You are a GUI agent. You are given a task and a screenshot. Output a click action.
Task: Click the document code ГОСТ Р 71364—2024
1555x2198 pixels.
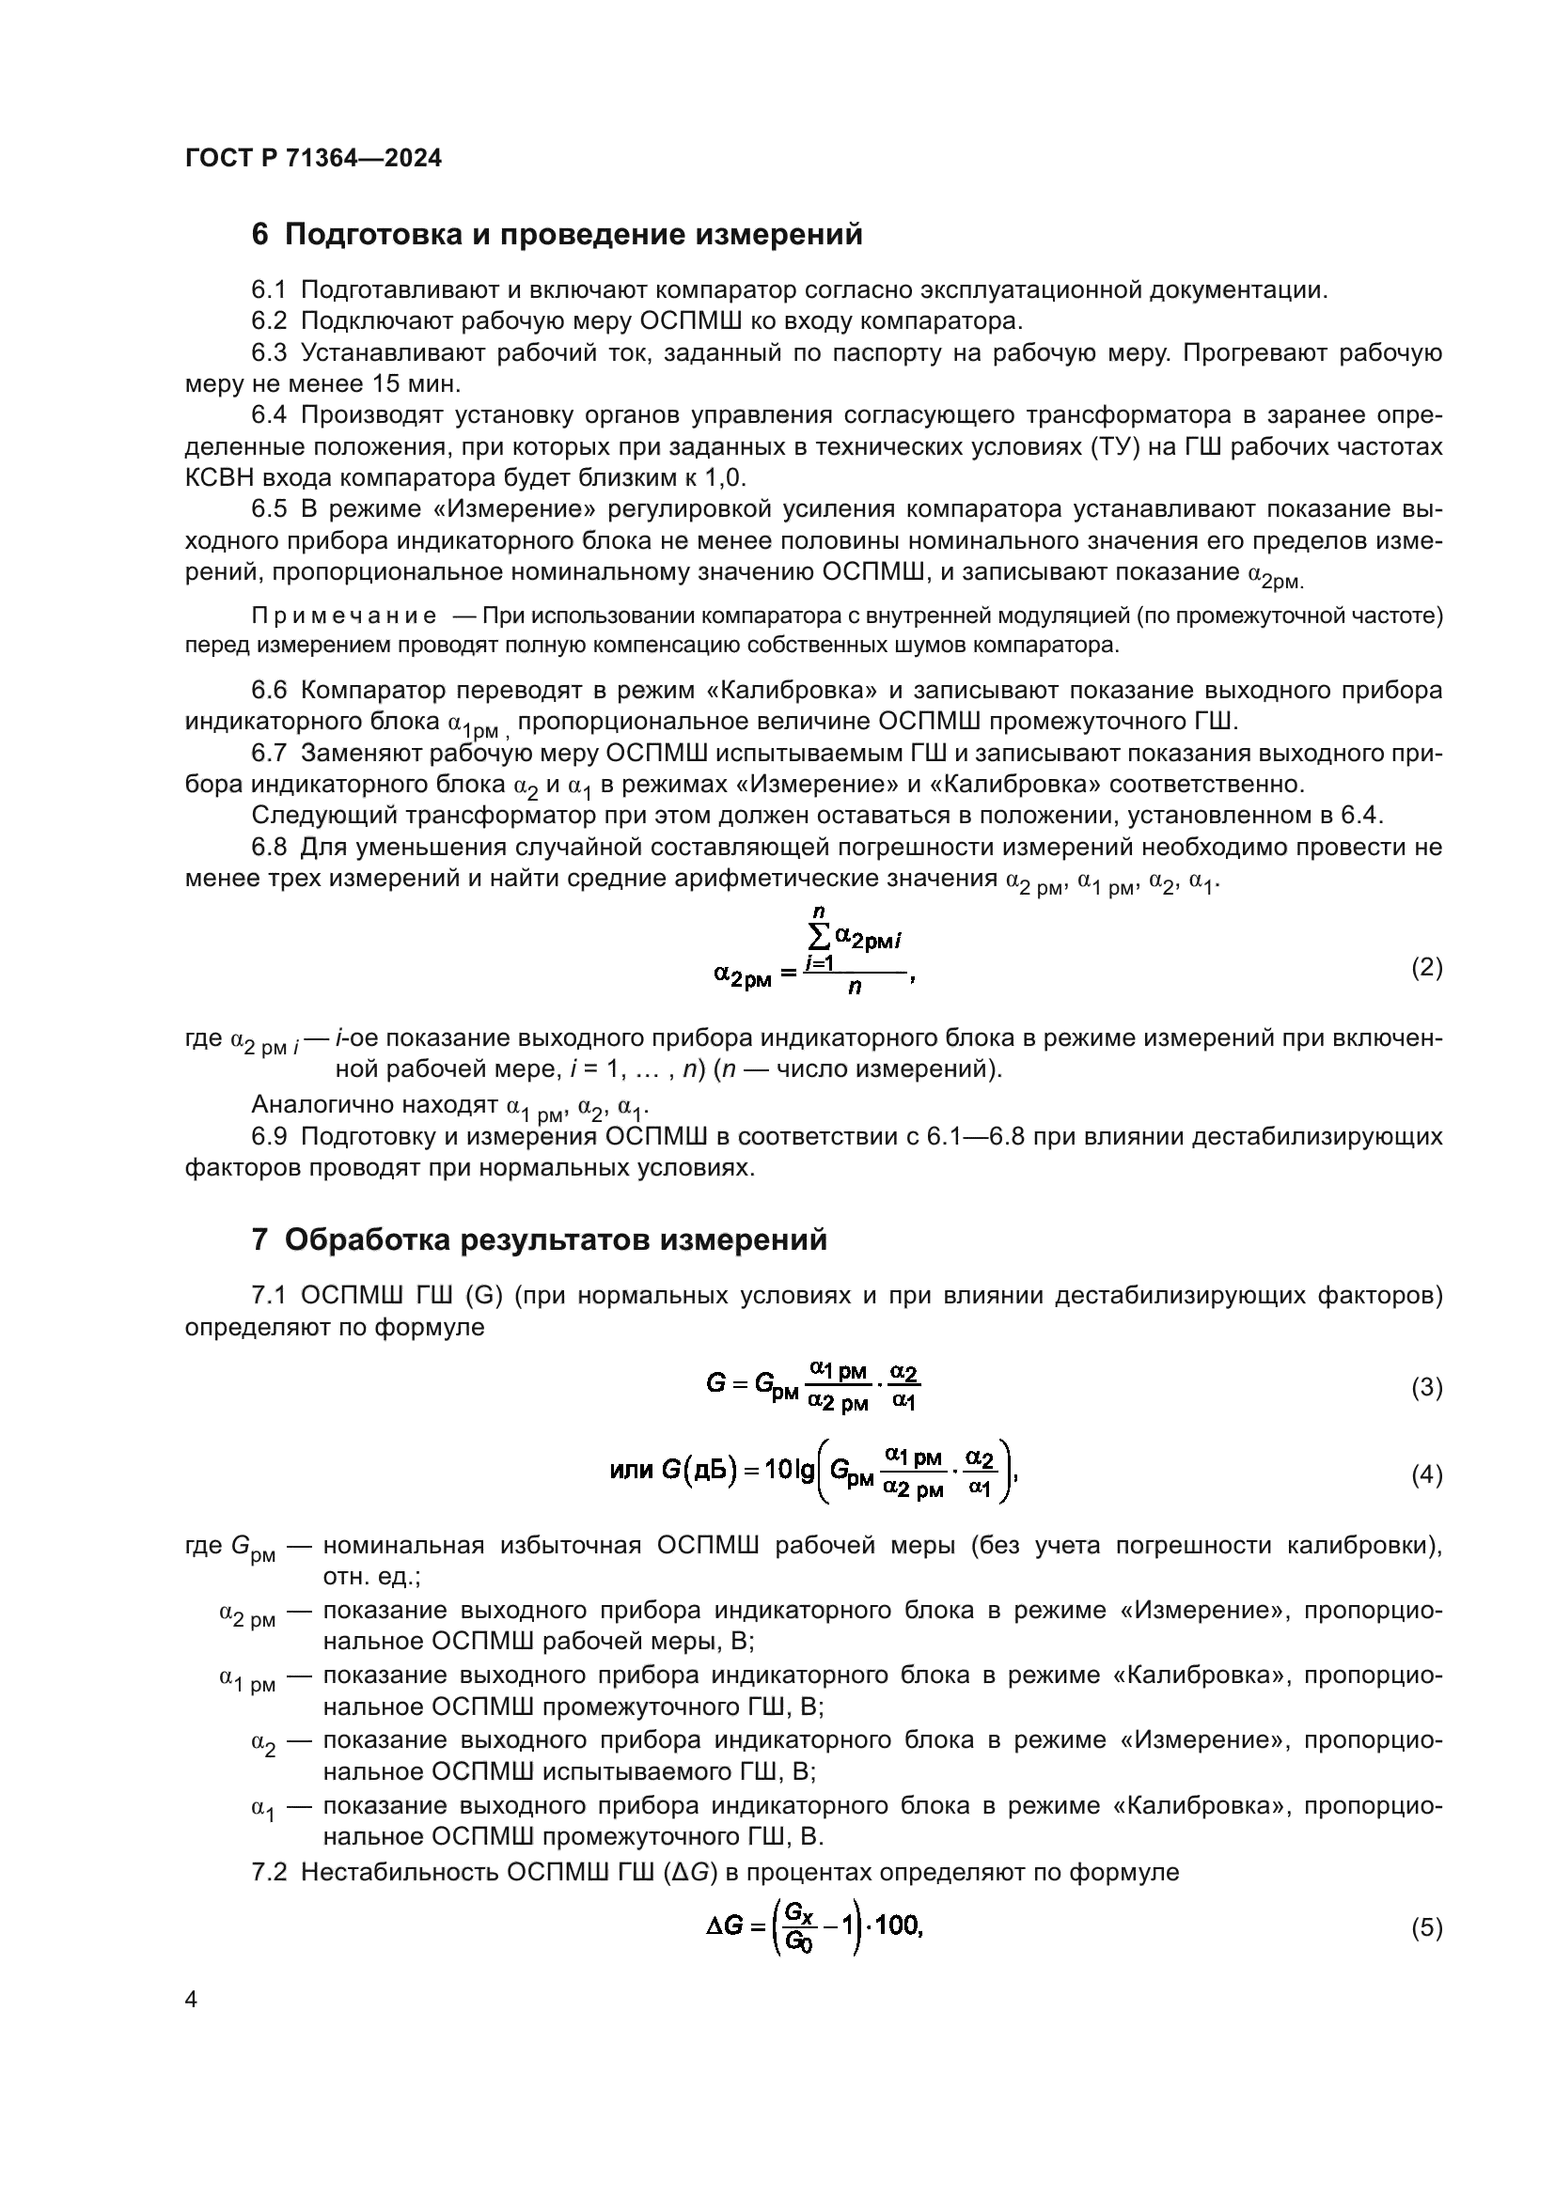pyautogui.click(x=313, y=159)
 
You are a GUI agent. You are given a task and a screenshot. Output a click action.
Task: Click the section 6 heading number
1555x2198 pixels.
pyautogui.click(x=260, y=235)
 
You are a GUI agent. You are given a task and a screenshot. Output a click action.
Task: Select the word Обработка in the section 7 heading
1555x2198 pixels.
pyautogui.click(x=369, y=1239)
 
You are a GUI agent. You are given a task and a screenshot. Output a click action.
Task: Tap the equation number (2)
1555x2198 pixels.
pyautogui.click(x=1427, y=967)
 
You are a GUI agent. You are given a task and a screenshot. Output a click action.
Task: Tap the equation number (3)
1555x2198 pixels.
pyautogui.click(x=1427, y=1387)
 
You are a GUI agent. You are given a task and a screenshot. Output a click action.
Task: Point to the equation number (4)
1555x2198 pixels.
pyautogui.click(x=1427, y=1475)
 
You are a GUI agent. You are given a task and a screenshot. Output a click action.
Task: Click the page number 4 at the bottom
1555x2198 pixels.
pyautogui.click(x=192, y=2000)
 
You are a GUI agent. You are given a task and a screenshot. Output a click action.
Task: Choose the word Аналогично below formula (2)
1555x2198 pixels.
pyautogui.click(x=323, y=1105)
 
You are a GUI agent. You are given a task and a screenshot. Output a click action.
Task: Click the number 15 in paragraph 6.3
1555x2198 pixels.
pyautogui.click(x=384, y=384)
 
